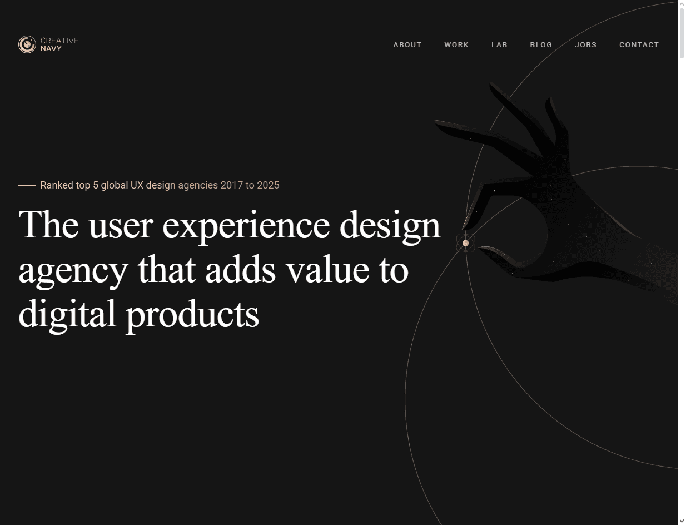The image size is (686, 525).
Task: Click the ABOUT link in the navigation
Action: pos(407,44)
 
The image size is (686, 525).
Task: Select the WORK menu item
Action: pos(456,44)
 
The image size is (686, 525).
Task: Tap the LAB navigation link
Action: pos(499,44)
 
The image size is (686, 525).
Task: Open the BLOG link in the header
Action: pos(541,44)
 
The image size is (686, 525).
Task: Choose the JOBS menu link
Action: pos(586,44)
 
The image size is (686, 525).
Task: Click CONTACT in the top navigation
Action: pos(639,44)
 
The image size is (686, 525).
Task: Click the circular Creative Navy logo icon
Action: pos(27,44)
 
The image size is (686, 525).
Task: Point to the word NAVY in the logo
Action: pos(51,49)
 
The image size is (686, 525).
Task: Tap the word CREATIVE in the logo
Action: pos(59,41)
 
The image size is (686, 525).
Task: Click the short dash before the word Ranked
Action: pos(27,185)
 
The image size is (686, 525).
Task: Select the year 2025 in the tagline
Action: pos(268,185)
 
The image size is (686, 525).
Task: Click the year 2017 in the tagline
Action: pos(232,185)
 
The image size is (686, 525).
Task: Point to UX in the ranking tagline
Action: pos(137,185)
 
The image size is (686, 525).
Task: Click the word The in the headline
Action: pos(49,224)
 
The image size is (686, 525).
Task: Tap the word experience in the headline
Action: pos(246,227)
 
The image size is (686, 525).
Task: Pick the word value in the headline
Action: pos(328,269)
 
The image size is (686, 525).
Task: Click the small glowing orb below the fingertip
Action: pos(465,243)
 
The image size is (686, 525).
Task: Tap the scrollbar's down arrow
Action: pos(682,521)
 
